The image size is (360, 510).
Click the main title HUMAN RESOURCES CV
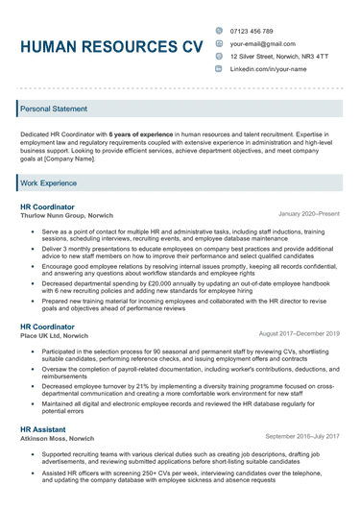click(x=110, y=46)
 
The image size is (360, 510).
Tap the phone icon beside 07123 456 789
click(x=219, y=31)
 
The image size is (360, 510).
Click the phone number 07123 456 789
click(x=252, y=31)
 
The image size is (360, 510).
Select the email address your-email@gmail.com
click(x=262, y=43)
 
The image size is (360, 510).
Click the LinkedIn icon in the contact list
click(x=219, y=69)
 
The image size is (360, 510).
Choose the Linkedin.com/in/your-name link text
click(x=268, y=69)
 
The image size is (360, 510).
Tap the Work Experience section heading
click(x=49, y=182)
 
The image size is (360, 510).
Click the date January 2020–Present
click(x=308, y=213)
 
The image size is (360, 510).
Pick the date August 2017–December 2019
click(x=300, y=333)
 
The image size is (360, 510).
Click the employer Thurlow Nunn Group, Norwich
click(x=66, y=216)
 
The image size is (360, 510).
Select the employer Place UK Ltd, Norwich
click(x=55, y=336)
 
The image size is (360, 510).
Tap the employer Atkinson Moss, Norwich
click(x=60, y=438)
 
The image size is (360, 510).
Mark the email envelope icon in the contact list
click(x=219, y=43)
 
